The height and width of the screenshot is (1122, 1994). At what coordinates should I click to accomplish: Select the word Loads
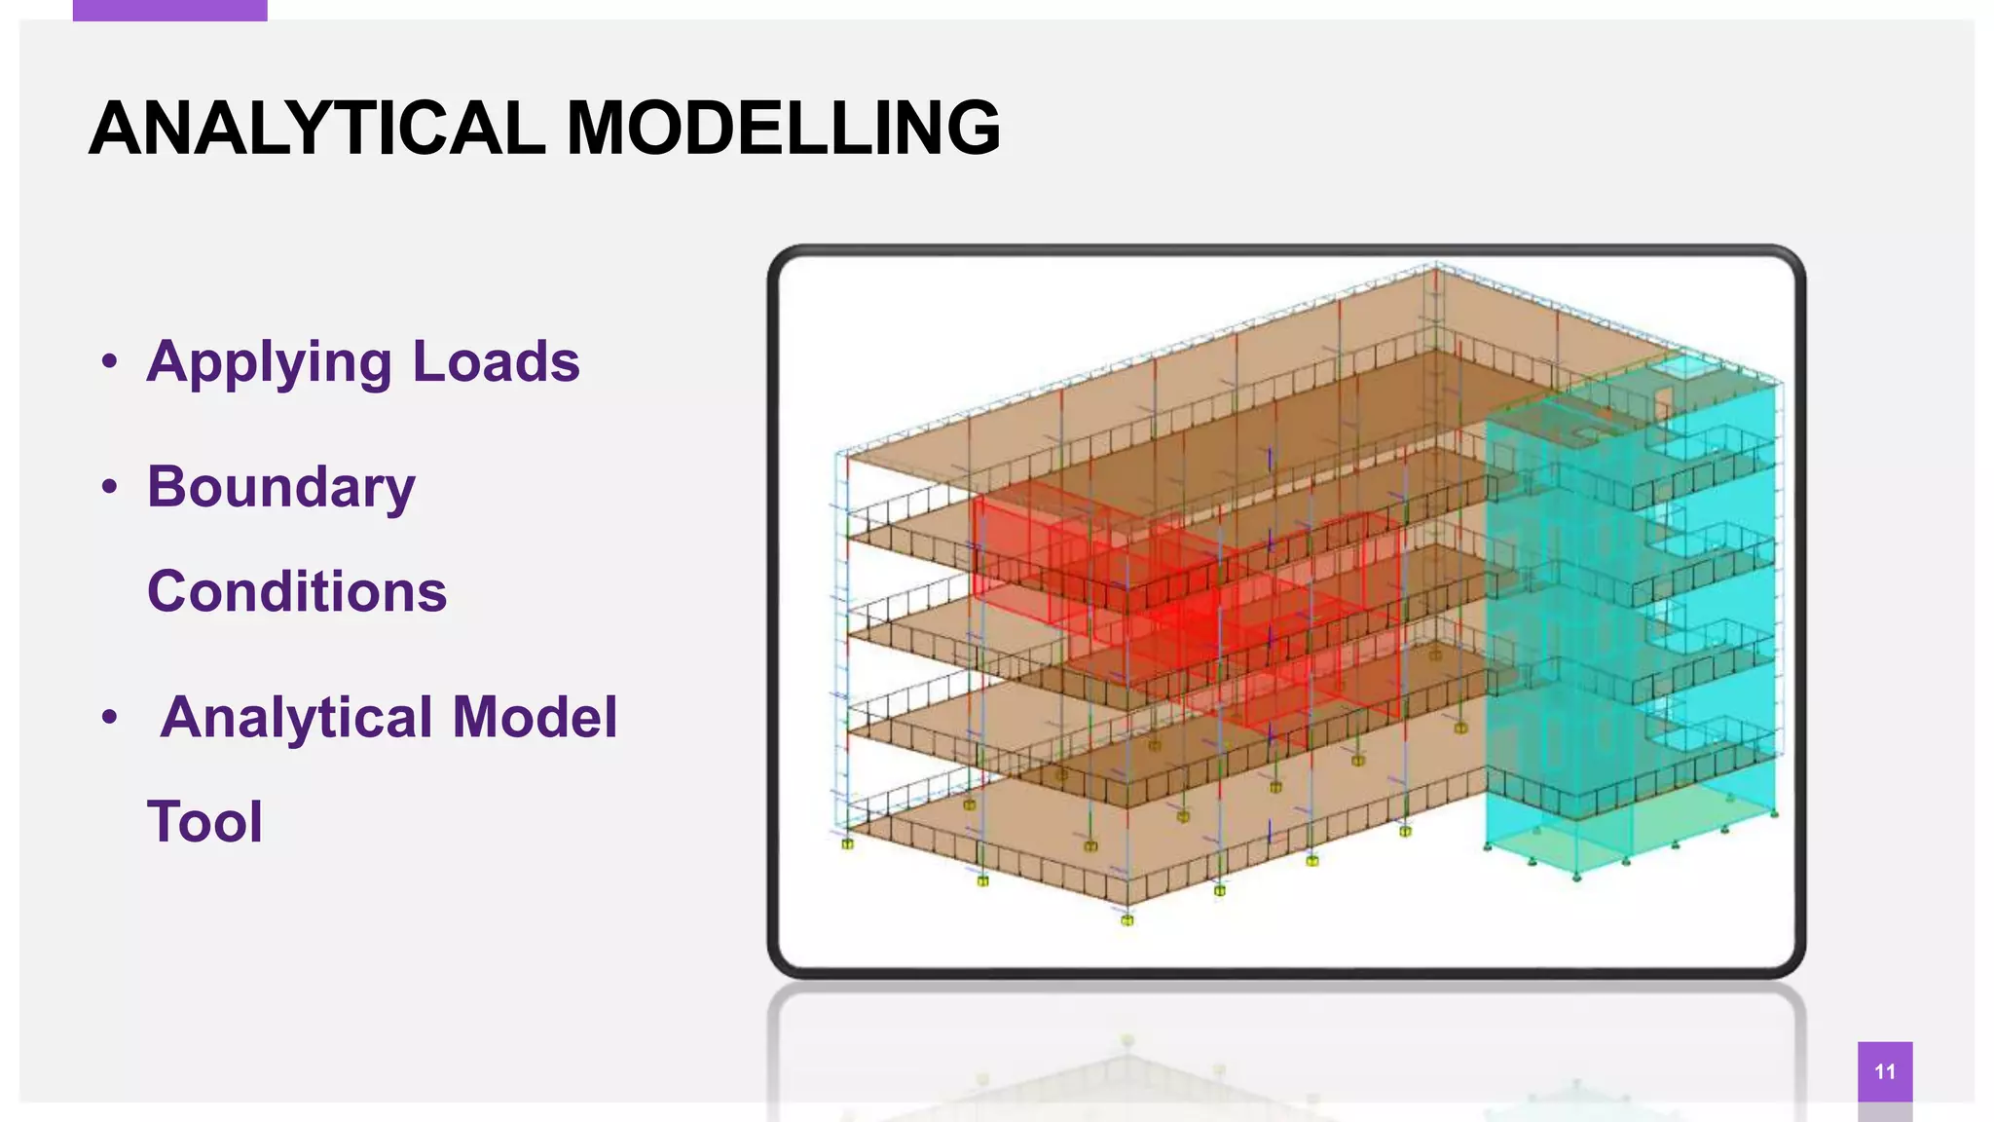click(496, 361)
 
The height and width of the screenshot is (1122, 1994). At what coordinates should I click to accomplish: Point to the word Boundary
click(280, 487)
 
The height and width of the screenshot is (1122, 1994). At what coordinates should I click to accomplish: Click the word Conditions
click(297, 591)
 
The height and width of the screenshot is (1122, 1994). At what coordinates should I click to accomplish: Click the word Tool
click(204, 821)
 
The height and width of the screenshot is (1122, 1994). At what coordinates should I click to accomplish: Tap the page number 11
click(1884, 1071)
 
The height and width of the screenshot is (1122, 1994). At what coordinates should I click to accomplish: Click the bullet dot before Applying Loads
click(109, 362)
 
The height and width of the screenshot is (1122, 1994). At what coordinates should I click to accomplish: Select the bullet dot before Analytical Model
click(109, 718)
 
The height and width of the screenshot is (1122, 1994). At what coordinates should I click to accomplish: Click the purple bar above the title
click(169, 10)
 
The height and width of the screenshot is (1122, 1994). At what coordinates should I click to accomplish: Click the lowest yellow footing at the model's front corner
click(1126, 919)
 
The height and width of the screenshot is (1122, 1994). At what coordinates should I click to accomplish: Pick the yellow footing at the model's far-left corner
click(847, 843)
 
